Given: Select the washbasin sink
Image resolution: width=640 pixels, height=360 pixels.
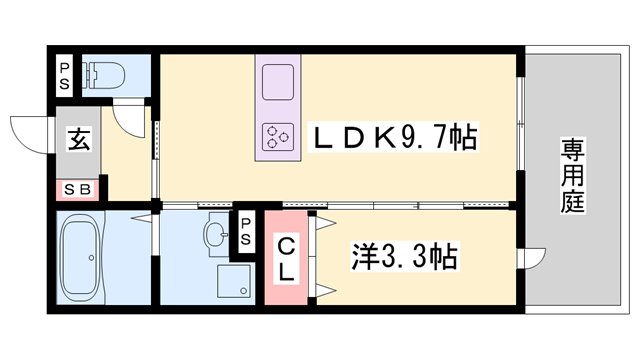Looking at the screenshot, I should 215,236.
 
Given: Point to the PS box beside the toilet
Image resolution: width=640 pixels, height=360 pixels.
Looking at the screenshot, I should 64,73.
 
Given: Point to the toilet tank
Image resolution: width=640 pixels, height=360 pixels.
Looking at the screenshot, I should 89,73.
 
